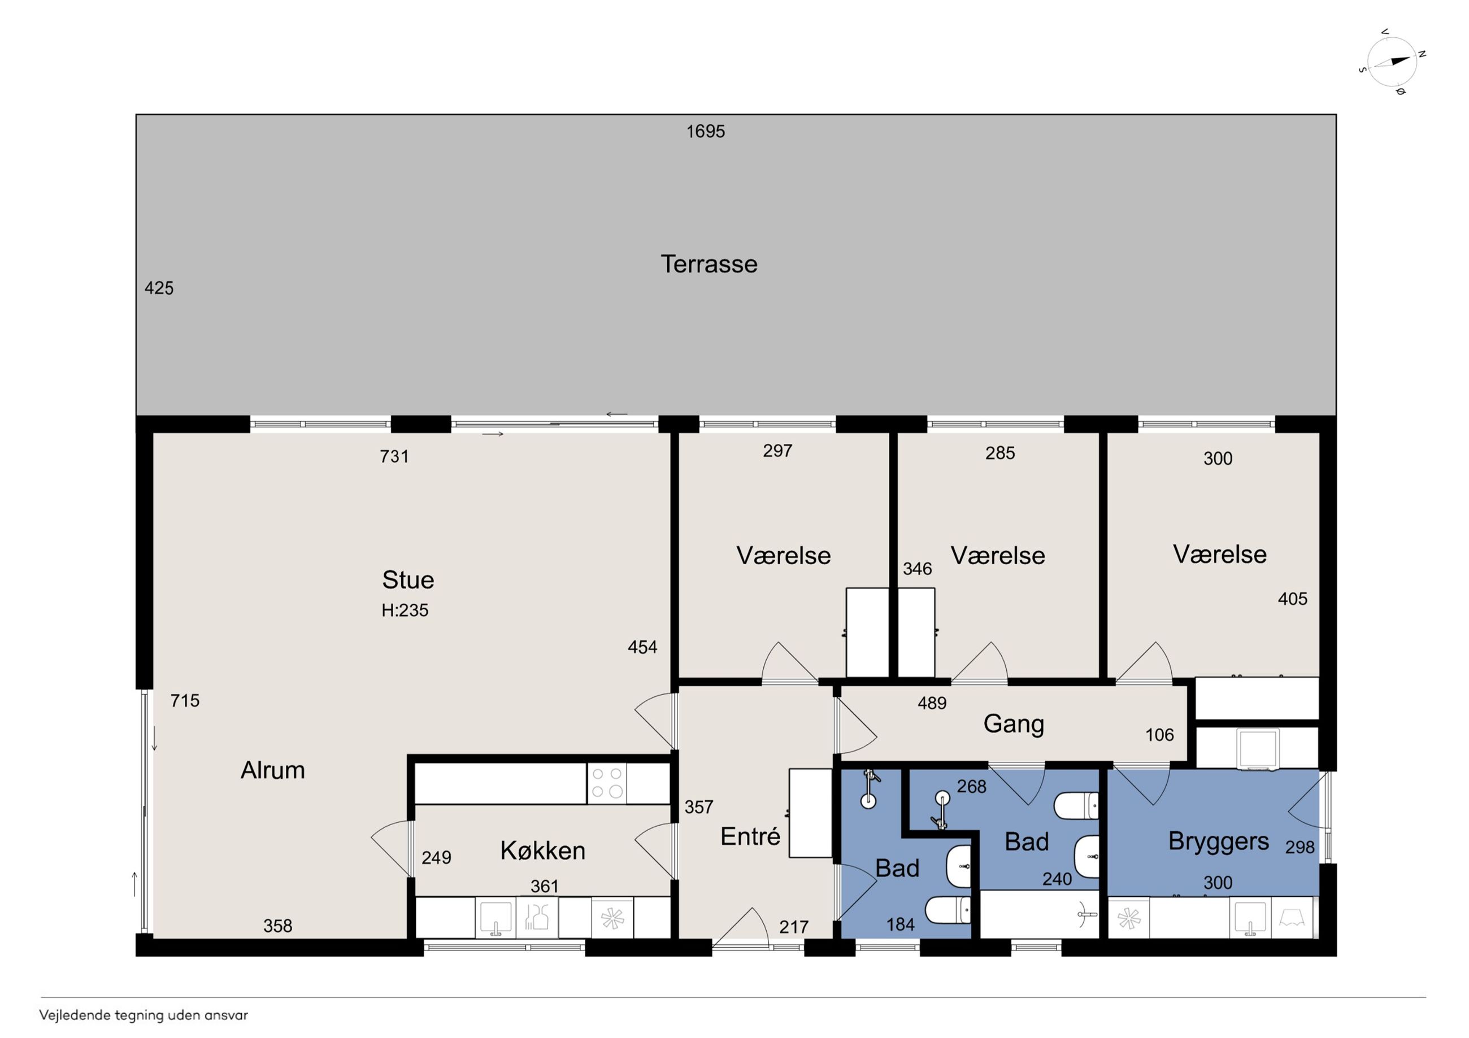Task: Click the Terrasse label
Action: click(x=709, y=264)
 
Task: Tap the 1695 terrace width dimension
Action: click(x=706, y=131)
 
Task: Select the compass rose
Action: click(x=1392, y=62)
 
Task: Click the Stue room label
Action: click(x=408, y=579)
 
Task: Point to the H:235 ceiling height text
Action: click(x=405, y=610)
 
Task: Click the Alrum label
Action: click(x=272, y=770)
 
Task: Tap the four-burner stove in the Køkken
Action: click(x=607, y=783)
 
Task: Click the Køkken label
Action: click(x=542, y=851)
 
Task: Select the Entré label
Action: click(x=750, y=836)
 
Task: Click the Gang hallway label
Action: click(x=1014, y=724)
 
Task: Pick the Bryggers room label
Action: click(x=1218, y=841)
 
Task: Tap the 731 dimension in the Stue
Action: click(x=394, y=456)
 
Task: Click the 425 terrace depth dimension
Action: click(x=159, y=288)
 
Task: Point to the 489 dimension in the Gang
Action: click(x=932, y=703)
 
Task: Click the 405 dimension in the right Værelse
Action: click(x=1292, y=599)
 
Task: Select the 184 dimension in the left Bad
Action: click(x=900, y=924)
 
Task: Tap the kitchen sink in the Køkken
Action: click(x=496, y=918)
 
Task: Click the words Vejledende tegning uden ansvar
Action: click(x=144, y=1015)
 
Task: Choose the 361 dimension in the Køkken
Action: click(x=545, y=886)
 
